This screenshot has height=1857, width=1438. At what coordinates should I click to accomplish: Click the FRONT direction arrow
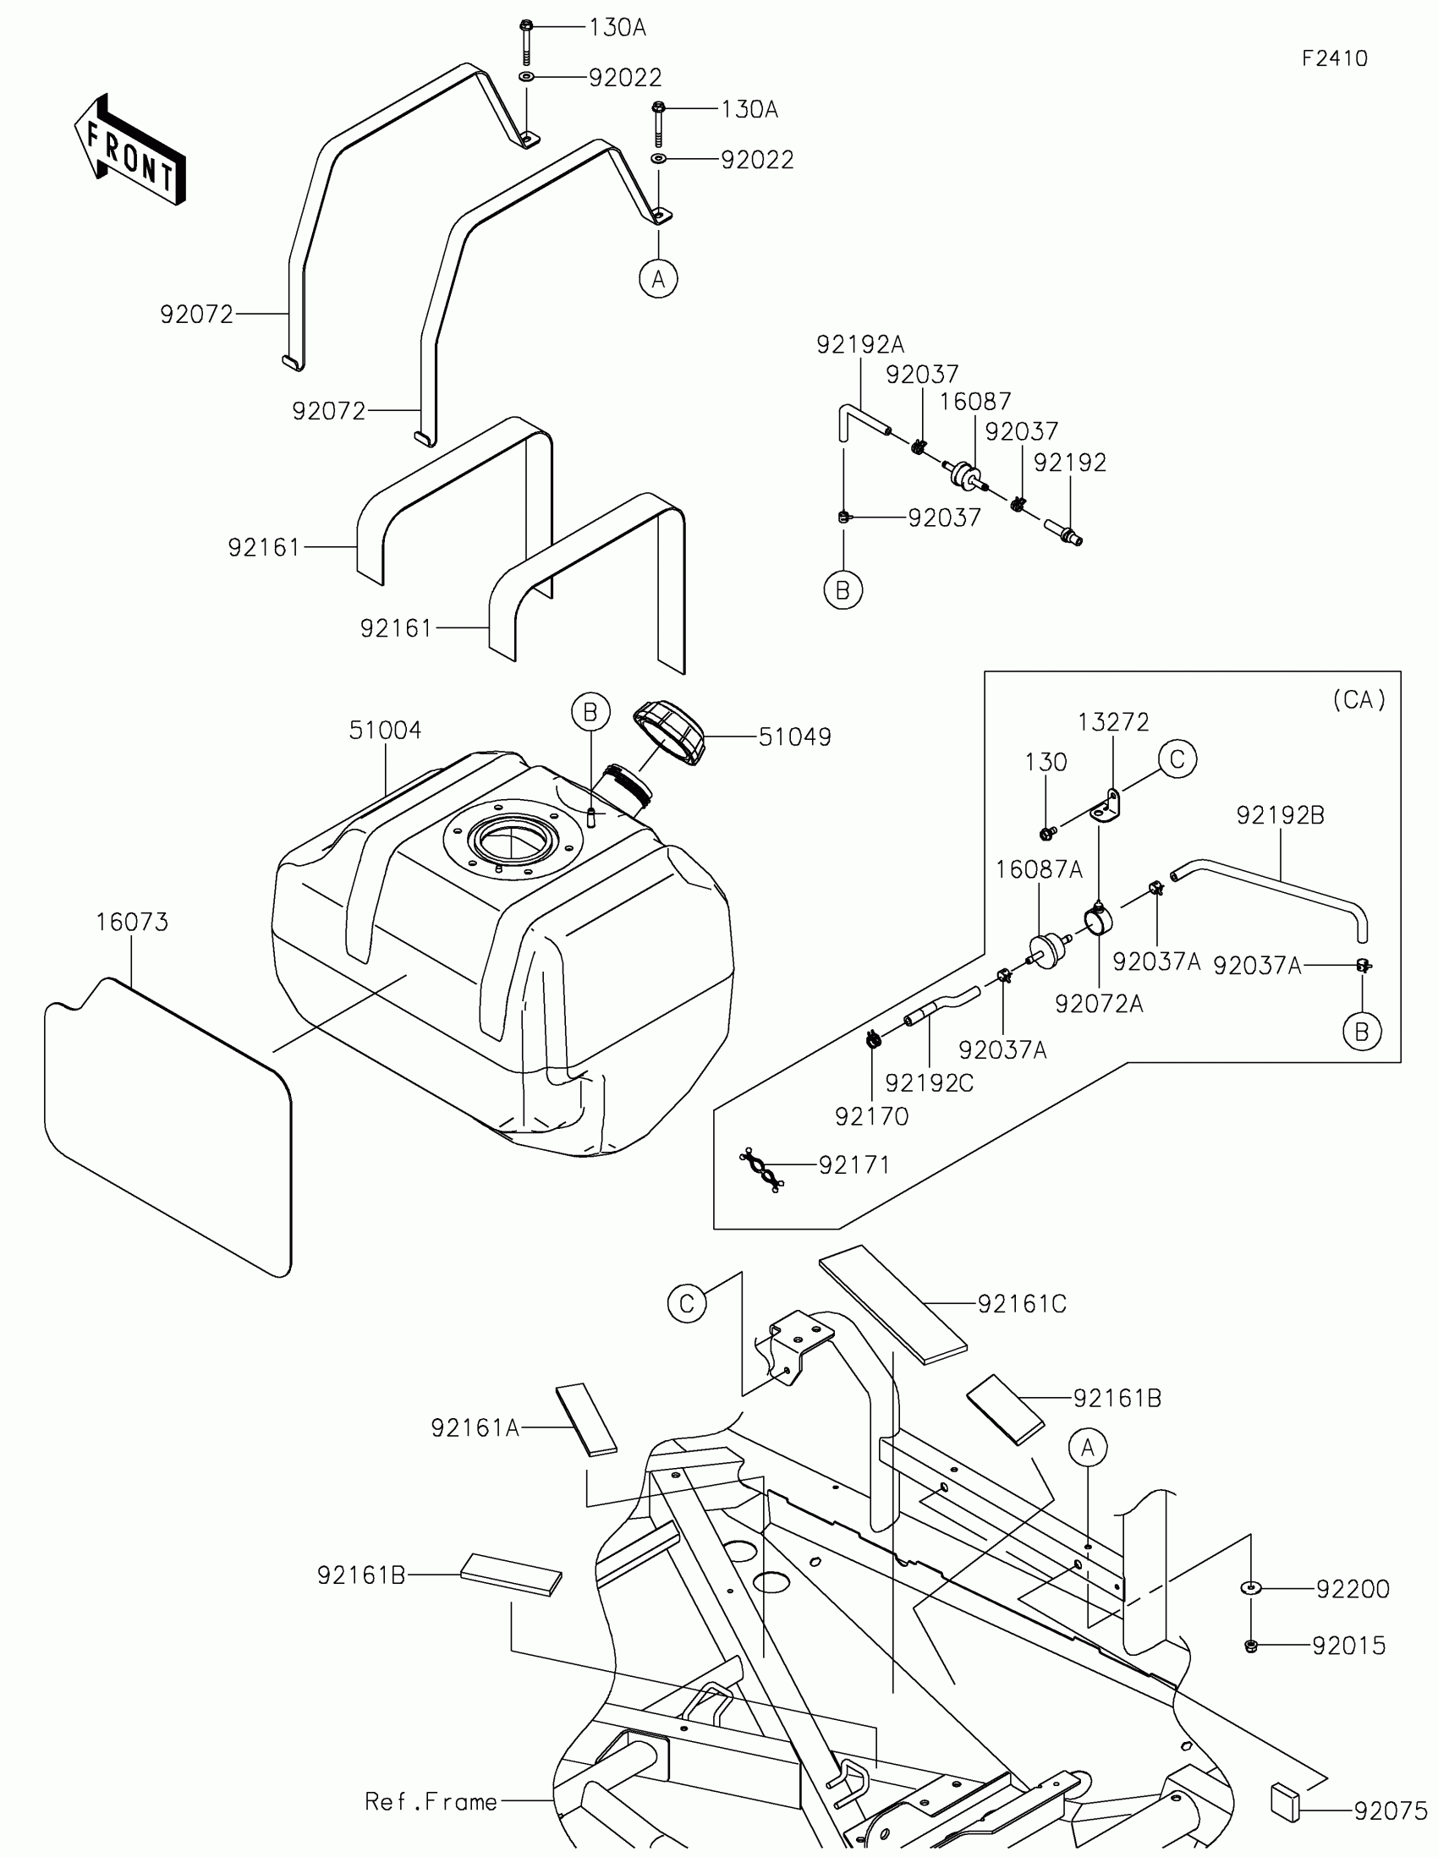(130, 150)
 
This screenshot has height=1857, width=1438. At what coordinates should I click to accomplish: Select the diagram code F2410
(1334, 58)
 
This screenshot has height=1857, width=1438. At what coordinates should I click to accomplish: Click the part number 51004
(384, 730)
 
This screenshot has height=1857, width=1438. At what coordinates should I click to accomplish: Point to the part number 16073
(132, 922)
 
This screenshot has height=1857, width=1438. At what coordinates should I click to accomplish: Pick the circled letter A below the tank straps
(658, 278)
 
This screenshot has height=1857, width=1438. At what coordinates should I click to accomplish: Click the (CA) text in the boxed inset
(1358, 700)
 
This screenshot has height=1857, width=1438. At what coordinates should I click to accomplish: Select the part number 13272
(1113, 722)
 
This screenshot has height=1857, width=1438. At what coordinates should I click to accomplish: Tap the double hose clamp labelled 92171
(761, 1170)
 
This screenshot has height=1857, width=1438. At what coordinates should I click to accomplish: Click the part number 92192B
(1280, 815)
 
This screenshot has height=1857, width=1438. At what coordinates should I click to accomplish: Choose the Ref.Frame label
(431, 1802)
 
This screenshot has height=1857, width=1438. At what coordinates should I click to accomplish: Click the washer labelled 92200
(1251, 1587)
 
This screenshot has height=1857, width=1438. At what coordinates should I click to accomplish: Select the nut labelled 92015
(1251, 1646)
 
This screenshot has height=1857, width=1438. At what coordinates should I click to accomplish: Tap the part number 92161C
(1021, 1304)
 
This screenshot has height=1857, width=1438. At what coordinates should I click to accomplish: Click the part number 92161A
(475, 1428)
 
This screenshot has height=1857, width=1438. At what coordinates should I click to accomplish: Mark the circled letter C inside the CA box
(1177, 759)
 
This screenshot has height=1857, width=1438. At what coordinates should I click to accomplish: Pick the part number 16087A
(1038, 870)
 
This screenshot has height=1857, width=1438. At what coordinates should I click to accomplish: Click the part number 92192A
(859, 344)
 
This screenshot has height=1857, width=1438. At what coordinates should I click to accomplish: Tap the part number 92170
(871, 1116)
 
